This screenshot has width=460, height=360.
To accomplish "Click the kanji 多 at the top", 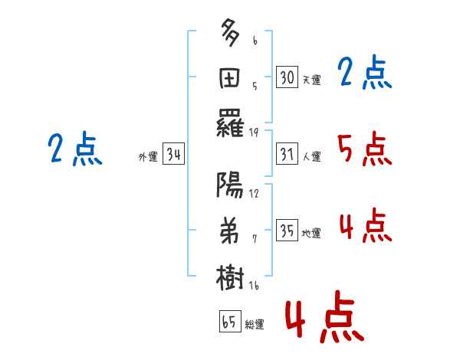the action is pos(230,32).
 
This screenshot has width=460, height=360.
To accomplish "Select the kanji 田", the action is pos(230,78).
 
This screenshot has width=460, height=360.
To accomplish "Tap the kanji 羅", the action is pos(230,123).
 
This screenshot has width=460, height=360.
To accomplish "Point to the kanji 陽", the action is pos(230,185).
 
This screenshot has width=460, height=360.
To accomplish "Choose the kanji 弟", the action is pos(229,231).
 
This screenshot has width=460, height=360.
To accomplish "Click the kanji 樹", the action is pos(230,277).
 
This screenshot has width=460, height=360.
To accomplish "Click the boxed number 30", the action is pos(287,77).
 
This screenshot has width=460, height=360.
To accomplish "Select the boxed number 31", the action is pos(287,154).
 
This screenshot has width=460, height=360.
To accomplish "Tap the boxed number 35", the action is pos(287,231).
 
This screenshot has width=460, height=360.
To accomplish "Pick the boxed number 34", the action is pos(173,154).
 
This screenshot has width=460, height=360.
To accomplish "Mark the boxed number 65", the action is pos(230,321).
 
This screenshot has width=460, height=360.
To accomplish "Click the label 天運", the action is pos(311,80).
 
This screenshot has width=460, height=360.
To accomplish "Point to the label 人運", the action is pos(311,156).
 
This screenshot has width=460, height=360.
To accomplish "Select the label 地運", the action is pos(311,234).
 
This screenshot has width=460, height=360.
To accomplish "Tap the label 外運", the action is pos(148,156).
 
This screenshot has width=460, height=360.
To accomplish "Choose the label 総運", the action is pos(255,325).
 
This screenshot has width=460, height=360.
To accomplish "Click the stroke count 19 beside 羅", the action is pos(254,133).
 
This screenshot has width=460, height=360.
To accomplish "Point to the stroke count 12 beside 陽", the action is pos(254,194).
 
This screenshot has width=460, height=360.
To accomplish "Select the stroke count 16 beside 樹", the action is pos(254,286).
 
